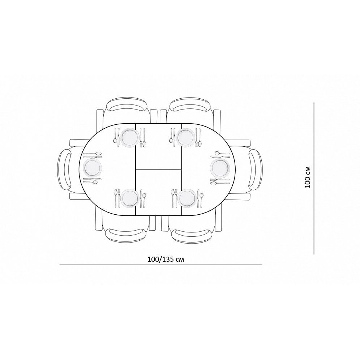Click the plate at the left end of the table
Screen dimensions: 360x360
pyautogui.click(x=93, y=167)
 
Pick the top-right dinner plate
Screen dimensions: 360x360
pyautogui.click(x=186, y=137)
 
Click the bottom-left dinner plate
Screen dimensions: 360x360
pyautogui.click(x=130, y=198)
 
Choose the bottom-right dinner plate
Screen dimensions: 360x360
pyautogui.click(x=187, y=198)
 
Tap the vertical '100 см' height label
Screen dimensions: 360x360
pyautogui.click(x=308, y=177)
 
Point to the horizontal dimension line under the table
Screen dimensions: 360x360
pyautogui.click(x=161, y=265)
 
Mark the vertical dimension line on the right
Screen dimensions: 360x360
pyautogui.click(x=314, y=179)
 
